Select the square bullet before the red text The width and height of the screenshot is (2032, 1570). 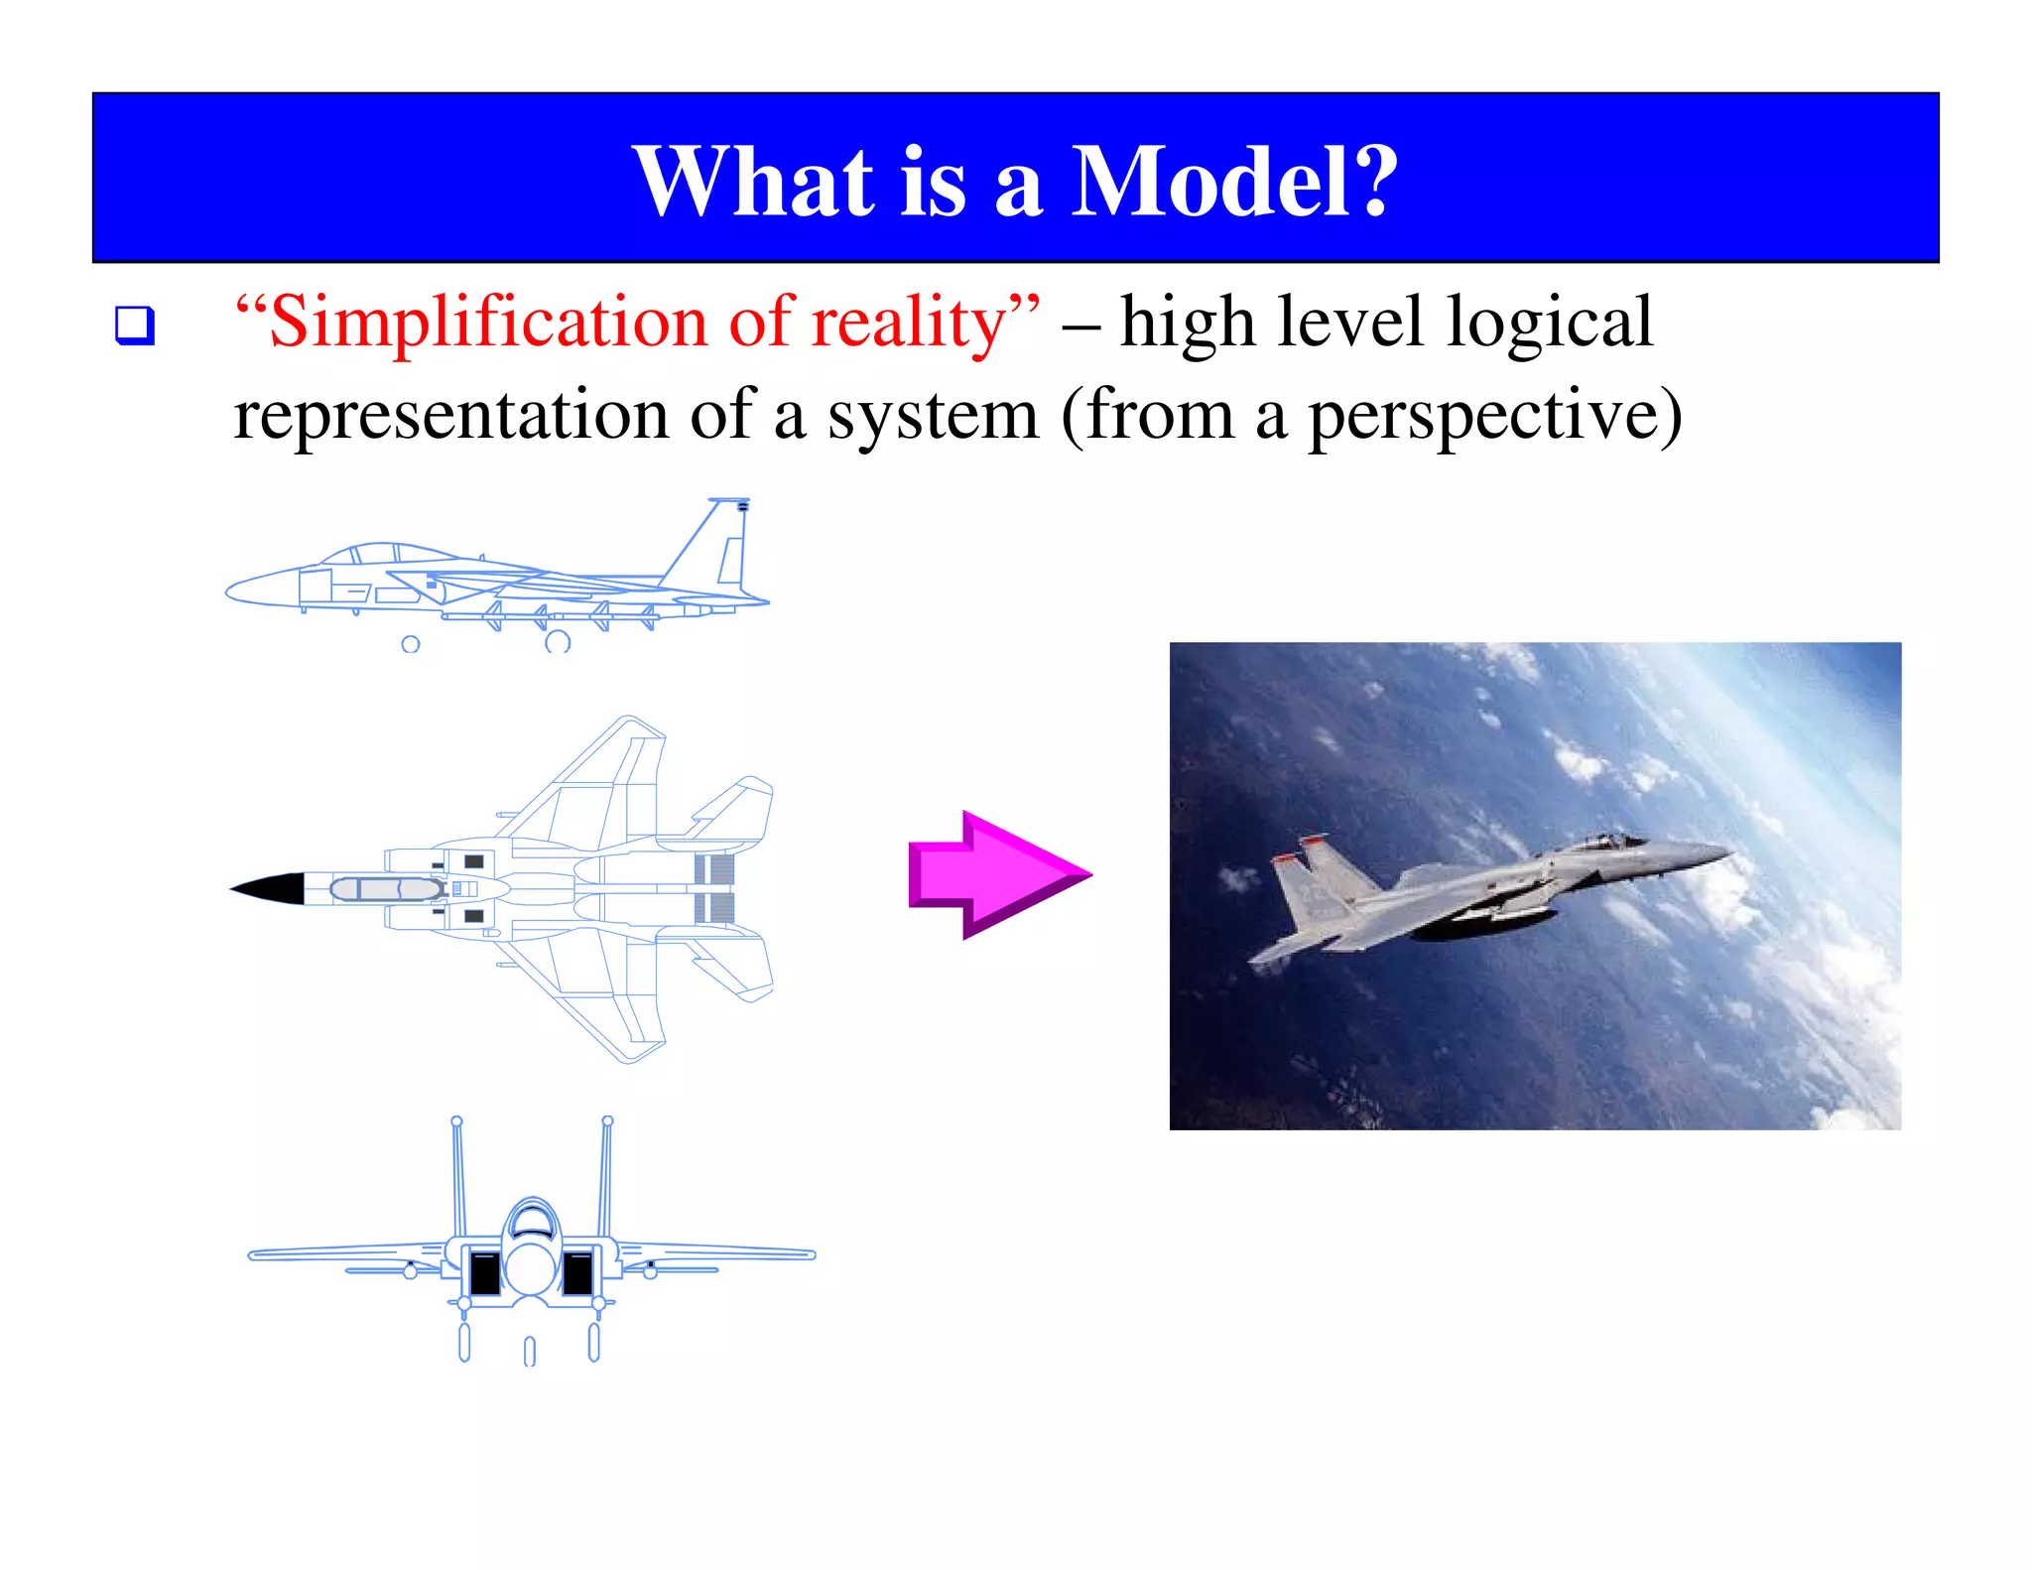[x=135, y=326]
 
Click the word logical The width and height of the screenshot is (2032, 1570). [x=1549, y=324]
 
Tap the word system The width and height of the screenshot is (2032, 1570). [x=933, y=417]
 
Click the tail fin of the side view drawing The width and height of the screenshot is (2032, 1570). [x=719, y=546]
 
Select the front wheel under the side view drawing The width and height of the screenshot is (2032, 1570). [x=410, y=644]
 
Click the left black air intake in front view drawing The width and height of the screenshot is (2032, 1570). [x=485, y=1272]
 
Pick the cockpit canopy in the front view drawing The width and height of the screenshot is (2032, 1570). [x=532, y=1221]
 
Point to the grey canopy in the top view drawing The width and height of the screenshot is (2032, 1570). [x=387, y=889]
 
